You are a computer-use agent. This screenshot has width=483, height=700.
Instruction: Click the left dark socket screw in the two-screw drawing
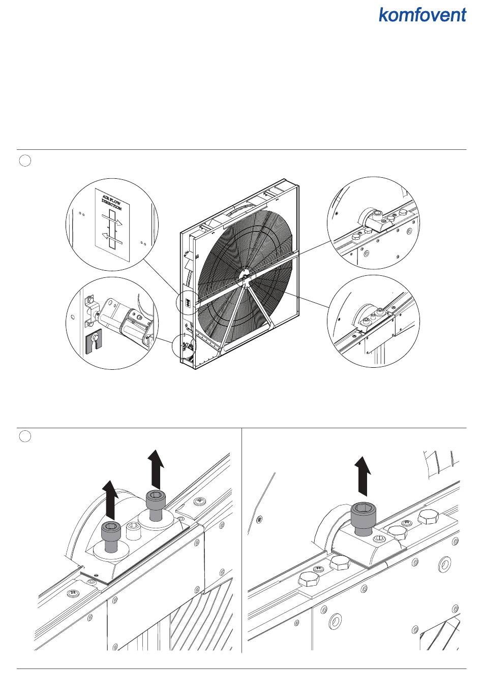coord(111,536)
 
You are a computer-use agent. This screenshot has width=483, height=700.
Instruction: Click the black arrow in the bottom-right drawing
coord(363,475)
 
